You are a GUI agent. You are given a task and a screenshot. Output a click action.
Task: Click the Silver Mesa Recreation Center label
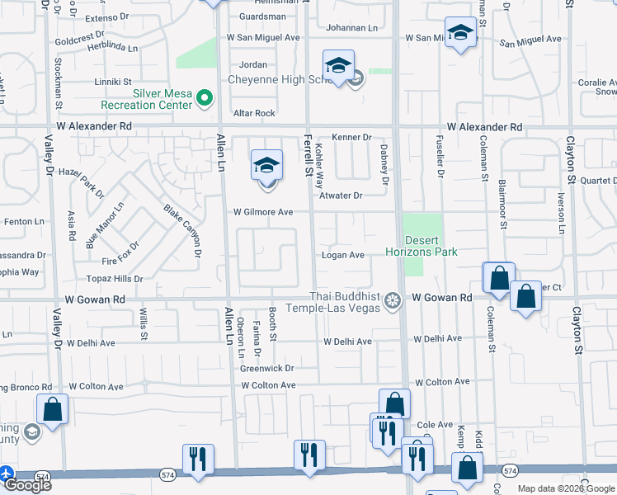[145, 99]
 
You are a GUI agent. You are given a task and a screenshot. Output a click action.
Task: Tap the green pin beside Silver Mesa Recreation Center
[205, 99]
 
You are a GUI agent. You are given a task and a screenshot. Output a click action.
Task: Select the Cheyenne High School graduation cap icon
[338, 66]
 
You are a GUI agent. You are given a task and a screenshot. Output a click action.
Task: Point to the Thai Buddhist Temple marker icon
[393, 299]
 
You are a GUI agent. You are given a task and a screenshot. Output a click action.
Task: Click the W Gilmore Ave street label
[262, 212]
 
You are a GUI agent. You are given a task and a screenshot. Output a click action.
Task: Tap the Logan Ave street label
[343, 256]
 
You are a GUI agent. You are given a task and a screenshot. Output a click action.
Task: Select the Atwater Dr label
[341, 196]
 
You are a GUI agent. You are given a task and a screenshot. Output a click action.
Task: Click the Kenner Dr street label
[352, 137]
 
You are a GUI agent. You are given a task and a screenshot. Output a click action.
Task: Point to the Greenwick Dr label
[267, 368]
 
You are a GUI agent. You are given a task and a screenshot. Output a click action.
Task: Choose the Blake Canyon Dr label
[182, 232]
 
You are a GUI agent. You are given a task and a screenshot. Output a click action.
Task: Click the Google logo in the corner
[26, 485]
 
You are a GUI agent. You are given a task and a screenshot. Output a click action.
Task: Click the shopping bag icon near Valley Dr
[51, 409]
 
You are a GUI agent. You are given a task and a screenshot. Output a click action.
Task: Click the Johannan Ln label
[351, 28]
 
